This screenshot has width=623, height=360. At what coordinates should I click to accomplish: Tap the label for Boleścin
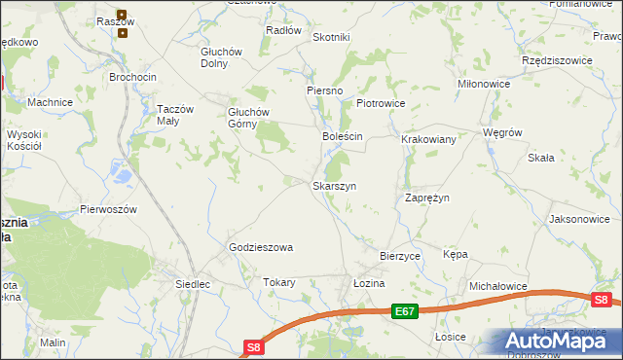pos(343,137)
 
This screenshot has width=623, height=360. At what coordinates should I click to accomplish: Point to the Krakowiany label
pos(428,140)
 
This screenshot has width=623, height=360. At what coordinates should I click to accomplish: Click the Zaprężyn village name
pos(426,198)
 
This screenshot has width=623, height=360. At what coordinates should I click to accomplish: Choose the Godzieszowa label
pos(261,248)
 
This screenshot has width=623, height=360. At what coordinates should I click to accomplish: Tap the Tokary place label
pos(278,283)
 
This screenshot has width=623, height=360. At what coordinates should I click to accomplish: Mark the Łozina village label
pos(370,283)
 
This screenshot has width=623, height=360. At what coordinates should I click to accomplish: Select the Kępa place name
pos(456,254)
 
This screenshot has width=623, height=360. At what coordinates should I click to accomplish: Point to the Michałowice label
pos(497,287)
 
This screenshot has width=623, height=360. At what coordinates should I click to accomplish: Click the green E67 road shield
pos(406,311)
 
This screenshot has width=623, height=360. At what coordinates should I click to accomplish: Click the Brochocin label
pos(133,76)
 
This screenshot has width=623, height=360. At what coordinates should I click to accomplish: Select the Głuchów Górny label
pos(248,118)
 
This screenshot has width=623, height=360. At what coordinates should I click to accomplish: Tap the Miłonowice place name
pos(485,85)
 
